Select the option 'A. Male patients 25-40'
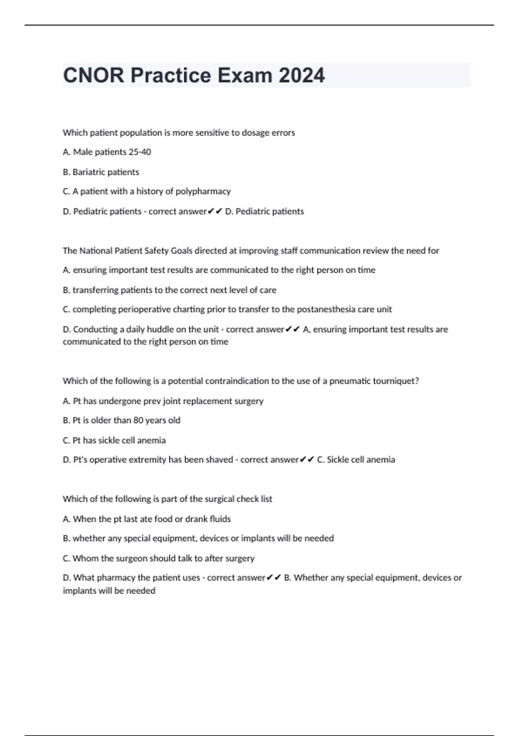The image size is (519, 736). (x=107, y=152)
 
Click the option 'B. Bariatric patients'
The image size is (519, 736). (x=101, y=172)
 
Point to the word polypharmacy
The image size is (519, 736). (x=203, y=191)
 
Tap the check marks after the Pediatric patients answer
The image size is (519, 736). (x=215, y=211)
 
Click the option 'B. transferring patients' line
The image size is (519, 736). (x=169, y=290)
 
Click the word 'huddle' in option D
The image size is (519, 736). (x=161, y=329)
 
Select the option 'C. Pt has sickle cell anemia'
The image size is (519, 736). (x=114, y=440)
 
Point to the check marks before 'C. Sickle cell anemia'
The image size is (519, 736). (x=307, y=460)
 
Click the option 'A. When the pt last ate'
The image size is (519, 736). (x=147, y=519)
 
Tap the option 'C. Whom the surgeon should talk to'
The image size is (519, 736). (x=158, y=558)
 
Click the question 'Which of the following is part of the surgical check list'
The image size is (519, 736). (x=167, y=499)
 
